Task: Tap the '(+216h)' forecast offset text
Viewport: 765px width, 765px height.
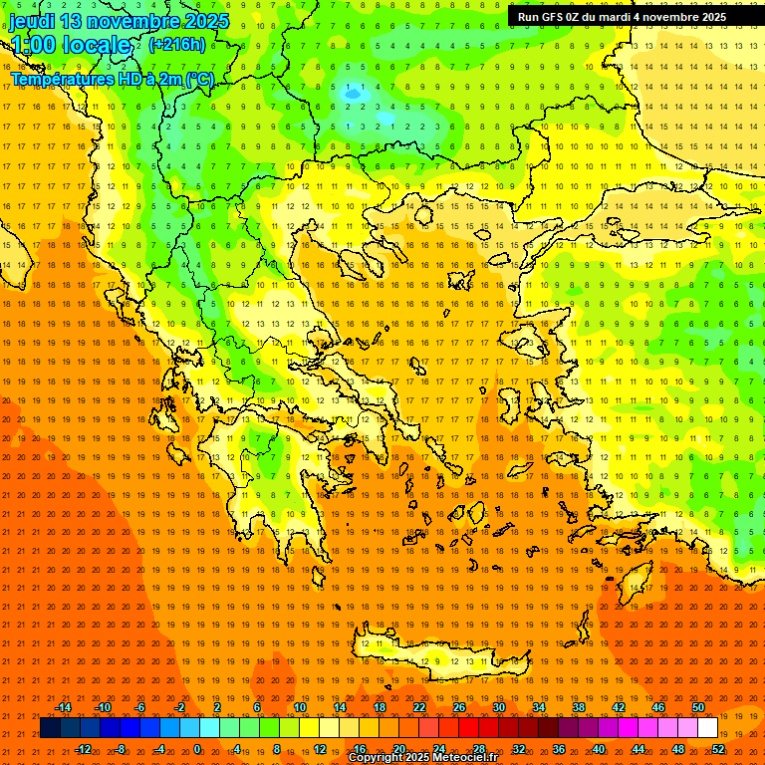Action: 176,44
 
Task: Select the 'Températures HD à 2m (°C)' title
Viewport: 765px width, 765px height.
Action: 112,79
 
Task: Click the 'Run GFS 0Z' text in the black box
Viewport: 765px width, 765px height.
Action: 560,17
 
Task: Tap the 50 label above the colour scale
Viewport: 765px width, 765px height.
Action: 698,707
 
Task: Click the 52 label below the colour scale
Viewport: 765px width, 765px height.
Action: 719,749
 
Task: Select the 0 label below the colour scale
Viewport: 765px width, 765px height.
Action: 197,749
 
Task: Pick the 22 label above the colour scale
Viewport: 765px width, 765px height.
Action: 419,707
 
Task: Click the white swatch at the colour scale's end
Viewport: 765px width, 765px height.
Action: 708,728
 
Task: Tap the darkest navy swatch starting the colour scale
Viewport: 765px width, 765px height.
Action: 51,728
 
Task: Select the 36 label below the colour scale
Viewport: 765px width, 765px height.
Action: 559,749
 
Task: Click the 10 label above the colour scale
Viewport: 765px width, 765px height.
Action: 300,707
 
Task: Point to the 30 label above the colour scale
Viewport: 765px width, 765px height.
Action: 499,707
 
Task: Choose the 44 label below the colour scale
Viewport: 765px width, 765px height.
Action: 638,749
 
